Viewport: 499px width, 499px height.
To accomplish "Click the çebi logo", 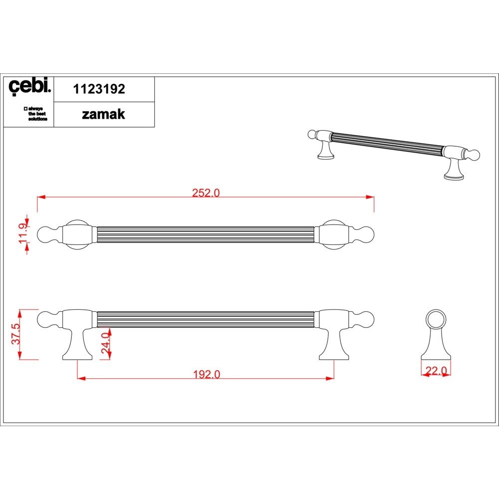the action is click(29, 86).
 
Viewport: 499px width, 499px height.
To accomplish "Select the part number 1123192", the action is click(99, 89).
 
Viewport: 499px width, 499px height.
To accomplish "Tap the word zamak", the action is click(103, 114).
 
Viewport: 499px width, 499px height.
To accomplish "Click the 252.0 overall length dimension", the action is click(206, 193).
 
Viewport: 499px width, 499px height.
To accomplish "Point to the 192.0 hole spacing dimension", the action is click(207, 374).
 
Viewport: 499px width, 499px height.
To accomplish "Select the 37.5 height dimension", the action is click(16, 334).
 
